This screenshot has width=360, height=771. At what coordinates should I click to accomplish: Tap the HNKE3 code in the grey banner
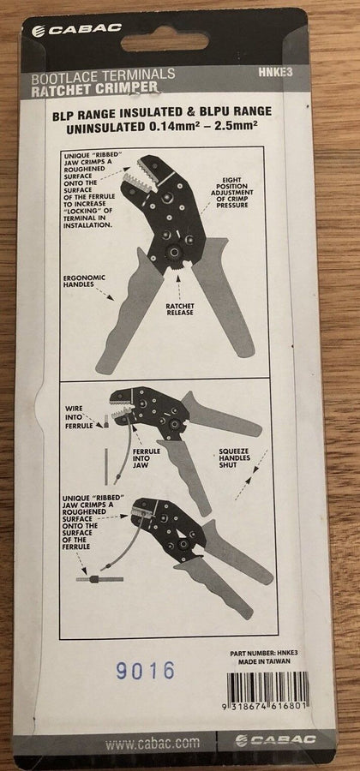tap(275, 72)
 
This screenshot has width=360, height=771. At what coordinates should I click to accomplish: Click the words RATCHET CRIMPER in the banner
tap(95, 88)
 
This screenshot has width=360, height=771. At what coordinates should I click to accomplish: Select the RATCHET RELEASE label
tap(180, 308)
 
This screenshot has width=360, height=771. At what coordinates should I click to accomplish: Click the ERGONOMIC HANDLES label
tap(84, 280)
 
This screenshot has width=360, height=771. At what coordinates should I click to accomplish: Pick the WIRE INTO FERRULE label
tap(79, 417)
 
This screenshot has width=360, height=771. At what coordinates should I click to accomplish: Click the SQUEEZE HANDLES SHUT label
tap(235, 457)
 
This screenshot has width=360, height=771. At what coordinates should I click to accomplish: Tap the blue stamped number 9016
tap(146, 670)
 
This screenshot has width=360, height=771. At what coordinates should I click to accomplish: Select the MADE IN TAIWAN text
tap(264, 661)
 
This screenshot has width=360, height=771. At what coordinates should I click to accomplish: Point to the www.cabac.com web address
tap(153, 742)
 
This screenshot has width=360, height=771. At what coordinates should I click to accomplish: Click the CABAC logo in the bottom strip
tap(275, 740)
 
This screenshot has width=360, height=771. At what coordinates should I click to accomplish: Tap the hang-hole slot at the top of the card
tap(165, 42)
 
